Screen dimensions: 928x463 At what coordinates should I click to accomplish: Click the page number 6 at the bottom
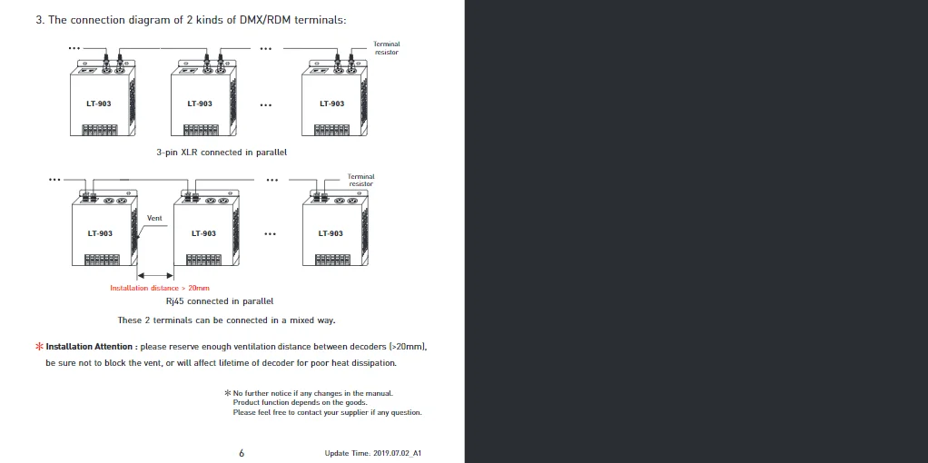pos(242,453)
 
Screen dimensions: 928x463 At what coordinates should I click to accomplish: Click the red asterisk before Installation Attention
pos(40,347)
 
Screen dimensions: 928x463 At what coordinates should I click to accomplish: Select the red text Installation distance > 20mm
pos(160,289)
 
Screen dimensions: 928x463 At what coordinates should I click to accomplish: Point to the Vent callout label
pos(154,218)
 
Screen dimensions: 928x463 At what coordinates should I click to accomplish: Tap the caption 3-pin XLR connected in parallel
pos(222,153)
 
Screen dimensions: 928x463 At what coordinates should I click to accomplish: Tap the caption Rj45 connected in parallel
pos(220,300)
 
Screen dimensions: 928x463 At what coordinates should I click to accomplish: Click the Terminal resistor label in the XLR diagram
pos(387,48)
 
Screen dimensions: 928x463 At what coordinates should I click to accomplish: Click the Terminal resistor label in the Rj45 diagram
pos(361,180)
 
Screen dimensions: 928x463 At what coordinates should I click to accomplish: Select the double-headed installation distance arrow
pos(155,275)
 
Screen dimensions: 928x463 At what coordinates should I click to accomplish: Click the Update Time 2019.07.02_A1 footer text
pos(373,453)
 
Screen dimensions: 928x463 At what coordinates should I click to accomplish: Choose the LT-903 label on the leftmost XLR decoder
pos(99,103)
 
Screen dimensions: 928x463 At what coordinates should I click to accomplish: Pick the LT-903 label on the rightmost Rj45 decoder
pos(331,233)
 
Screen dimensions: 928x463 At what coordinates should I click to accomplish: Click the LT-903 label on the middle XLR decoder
pos(200,103)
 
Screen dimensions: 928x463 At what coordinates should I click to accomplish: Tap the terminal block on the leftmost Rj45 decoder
pos(103,260)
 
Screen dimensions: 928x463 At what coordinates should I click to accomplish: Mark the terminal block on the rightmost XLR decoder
pos(331,130)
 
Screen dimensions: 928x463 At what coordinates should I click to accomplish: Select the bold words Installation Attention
pos(89,347)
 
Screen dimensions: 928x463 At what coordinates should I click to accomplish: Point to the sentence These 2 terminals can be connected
pos(227,320)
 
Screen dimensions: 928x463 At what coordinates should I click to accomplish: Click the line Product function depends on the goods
pos(300,402)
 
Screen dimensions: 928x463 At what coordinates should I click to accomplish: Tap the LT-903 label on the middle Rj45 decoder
pos(203,233)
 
